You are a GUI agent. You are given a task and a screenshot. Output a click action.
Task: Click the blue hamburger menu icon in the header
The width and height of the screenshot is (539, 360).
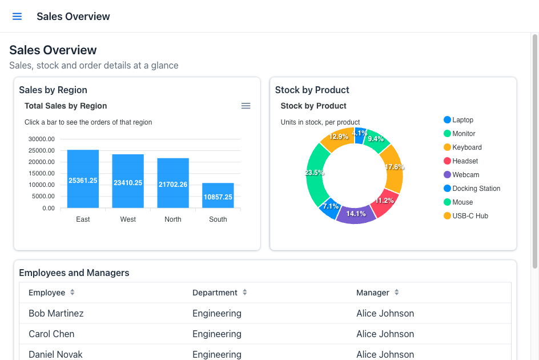click(17, 17)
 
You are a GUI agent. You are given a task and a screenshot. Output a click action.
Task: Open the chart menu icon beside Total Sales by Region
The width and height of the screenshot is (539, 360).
click(246, 106)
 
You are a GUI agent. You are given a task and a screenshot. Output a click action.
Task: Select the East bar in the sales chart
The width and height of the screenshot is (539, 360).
click(83, 179)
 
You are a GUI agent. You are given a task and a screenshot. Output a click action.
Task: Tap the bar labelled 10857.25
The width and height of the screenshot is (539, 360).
click(218, 195)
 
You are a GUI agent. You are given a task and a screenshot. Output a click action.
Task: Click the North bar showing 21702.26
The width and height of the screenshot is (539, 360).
click(173, 183)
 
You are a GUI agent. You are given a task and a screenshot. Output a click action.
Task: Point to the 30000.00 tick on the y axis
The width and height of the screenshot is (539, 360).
click(42, 139)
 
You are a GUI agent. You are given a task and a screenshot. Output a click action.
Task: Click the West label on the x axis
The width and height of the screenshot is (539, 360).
click(128, 219)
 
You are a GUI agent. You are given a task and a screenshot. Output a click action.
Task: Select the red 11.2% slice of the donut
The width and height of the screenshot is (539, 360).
click(385, 202)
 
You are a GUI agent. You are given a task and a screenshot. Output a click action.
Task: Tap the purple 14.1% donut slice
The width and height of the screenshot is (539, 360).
click(356, 215)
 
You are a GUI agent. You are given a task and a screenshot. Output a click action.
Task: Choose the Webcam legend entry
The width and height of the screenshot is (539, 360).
click(461, 175)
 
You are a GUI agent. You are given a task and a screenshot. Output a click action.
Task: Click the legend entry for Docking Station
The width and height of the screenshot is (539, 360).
click(472, 189)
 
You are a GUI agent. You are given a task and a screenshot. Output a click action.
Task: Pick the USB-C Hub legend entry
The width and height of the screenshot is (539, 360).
click(466, 216)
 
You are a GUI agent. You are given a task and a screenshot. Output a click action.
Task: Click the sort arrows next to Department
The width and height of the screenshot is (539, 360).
click(245, 293)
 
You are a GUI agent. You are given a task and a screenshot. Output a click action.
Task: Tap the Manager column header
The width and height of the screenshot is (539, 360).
click(373, 293)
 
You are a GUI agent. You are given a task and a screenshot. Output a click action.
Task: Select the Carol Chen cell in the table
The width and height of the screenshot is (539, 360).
click(51, 334)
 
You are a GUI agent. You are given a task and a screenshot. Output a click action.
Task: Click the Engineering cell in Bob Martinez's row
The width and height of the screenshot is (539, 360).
click(217, 314)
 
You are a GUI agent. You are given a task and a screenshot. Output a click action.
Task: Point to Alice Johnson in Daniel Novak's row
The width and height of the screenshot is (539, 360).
click(385, 354)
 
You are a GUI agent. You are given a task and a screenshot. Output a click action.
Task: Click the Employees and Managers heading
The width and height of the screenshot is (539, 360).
click(74, 273)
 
